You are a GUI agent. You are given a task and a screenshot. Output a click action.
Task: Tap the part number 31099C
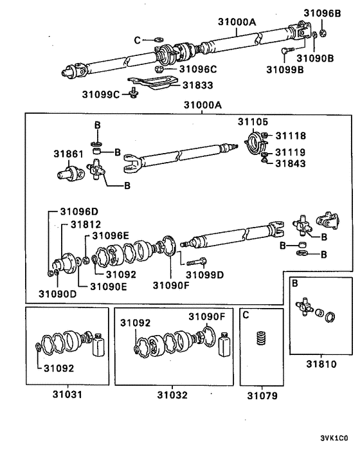tap(101, 95)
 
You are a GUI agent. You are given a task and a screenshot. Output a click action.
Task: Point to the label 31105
tap(253, 121)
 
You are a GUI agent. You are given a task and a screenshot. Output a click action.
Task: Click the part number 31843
tap(291, 163)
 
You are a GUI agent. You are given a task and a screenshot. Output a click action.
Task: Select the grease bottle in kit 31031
tap(98, 347)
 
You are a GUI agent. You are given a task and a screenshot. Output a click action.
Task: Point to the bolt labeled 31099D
tap(196, 260)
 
